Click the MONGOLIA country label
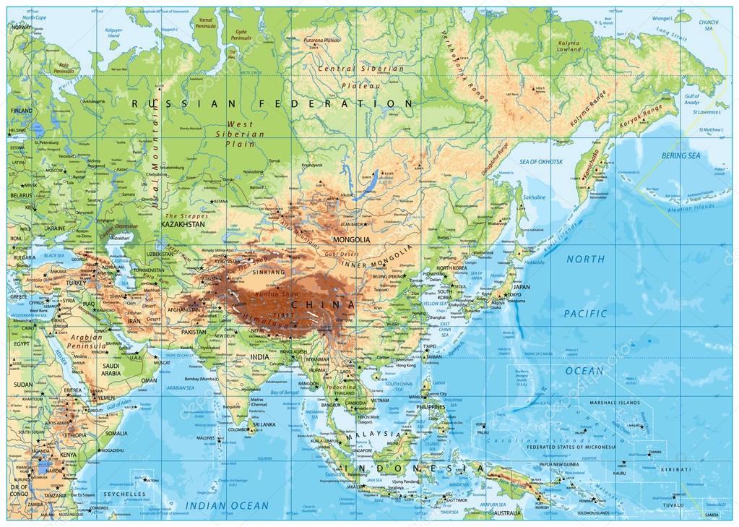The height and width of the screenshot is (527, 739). pos(350,239)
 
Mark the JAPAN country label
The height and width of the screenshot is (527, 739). pos(522,286)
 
